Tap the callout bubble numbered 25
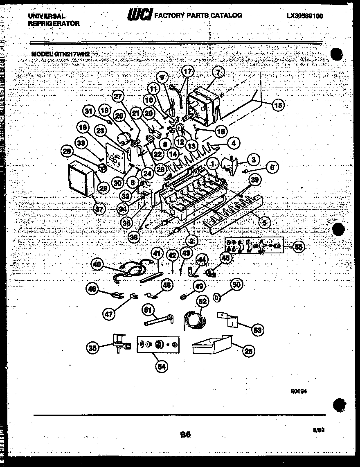pos(248,350)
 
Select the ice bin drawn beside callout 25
pos(211,345)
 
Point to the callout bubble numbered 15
pos(278,105)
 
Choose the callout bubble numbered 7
pos(218,72)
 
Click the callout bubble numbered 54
pos(162,367)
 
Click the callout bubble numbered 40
pos(97,265)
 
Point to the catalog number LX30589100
pos(304,16)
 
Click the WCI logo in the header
pos(140,16)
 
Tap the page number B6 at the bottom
pos(184,435)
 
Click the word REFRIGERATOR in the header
pos(54,23)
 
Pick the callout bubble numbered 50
pos(237,285)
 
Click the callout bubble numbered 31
pos(89,111)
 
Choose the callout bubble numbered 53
pos(258,329)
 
